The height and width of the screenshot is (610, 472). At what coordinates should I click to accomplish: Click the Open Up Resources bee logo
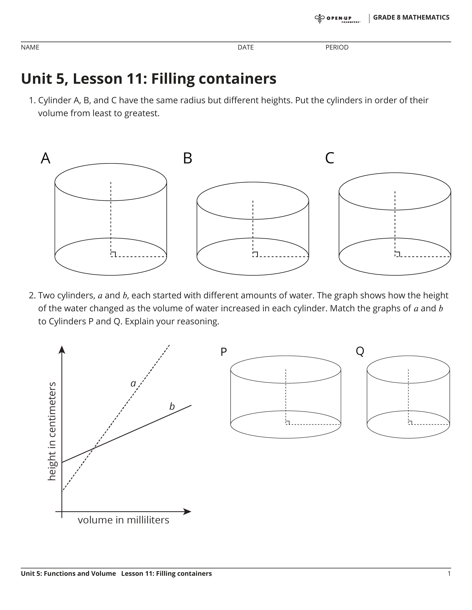tap(319, 18)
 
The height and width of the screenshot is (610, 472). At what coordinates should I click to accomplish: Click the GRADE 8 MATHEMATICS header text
tap(411, 18)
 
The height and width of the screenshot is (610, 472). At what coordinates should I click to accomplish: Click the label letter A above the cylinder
tap(46, 158)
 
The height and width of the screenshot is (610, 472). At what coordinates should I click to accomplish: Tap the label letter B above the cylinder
tap(188, 158)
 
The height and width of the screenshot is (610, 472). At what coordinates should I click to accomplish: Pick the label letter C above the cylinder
tap(330, 158)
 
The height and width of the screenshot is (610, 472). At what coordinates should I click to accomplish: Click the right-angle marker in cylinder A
tap(113, 254)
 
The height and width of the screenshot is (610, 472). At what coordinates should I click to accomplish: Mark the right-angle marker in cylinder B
tap(255, 254)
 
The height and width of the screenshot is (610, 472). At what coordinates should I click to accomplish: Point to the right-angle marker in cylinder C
tap(397, 254)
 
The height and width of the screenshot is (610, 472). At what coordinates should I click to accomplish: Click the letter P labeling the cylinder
tap(223, 352)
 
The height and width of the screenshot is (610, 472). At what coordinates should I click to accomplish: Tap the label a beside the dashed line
tap(133, 384)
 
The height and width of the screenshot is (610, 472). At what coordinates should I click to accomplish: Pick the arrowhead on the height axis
tap(62, 350)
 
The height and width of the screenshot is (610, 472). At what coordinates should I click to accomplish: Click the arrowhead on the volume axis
tap(187, 512)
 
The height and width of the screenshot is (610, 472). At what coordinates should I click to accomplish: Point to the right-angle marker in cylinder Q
tap(410, 423)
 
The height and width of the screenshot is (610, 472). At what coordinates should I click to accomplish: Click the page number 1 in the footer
tap(449, 574)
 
